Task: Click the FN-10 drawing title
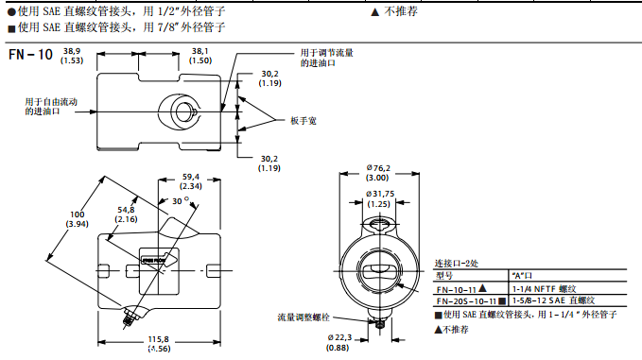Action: pyautogui.click(x=29, y=55)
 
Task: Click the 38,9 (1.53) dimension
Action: pyautogui.click(x=72, y=55)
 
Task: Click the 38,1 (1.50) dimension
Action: pyautogui.click(x=200, y=55)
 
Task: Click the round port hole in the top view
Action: pyautogui.click(x=180, y=109)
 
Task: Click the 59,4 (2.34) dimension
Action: pyautogui.click(x=192, y=181)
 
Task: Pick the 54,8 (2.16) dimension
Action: pyautogui.click(x=126, y=214)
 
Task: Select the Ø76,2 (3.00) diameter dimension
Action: pyautogui.click(x=378, y=173)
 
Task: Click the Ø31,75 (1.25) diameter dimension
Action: pyautogui.click(x=378, y=198)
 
